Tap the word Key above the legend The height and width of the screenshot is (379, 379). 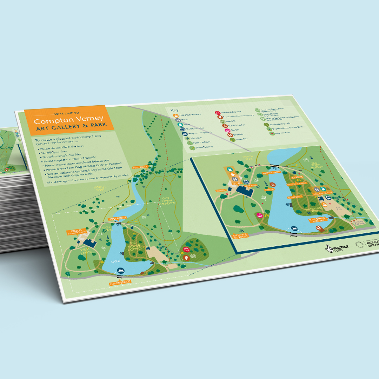click(174, 110)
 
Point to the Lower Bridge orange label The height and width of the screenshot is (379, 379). click(120, 282)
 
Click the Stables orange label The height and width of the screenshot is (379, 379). click(76, 232)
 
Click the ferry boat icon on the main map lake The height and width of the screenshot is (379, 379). click(120, 271)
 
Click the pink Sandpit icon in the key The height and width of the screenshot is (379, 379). click(227, 130)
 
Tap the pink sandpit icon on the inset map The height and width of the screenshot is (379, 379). click(260, 215)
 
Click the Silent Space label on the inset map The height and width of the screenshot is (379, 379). click(295, 198)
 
